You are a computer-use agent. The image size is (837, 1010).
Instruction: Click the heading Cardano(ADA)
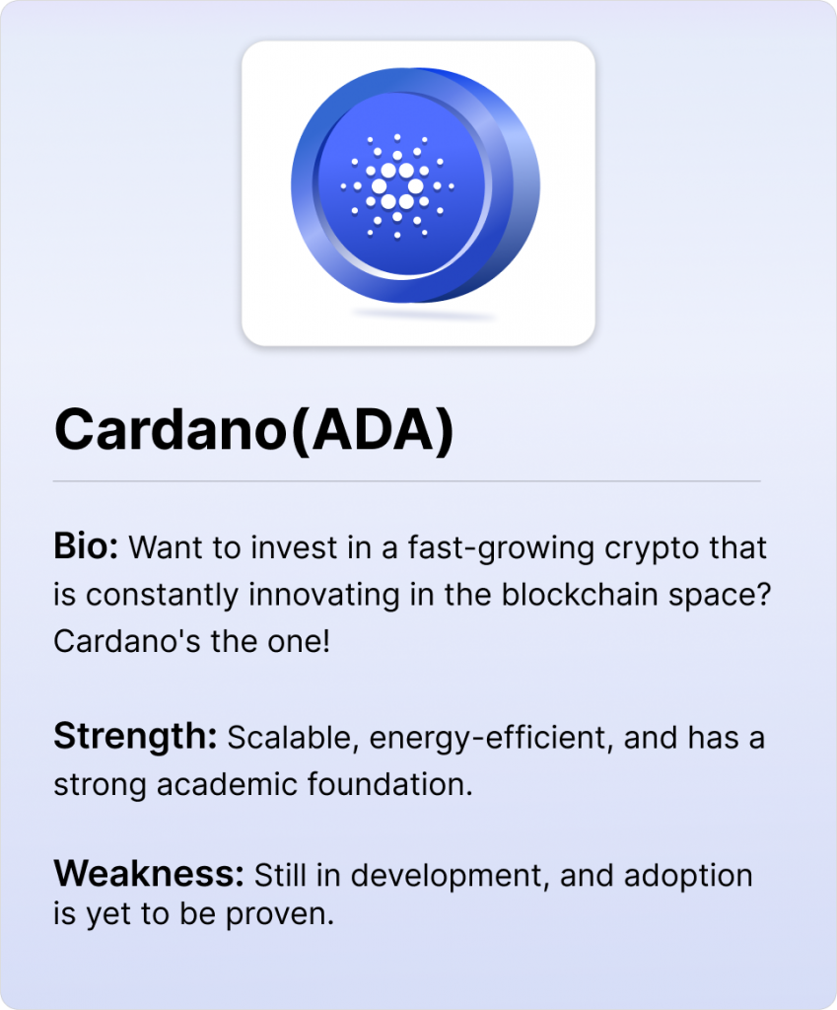pyautogui.click(x=254, y=430)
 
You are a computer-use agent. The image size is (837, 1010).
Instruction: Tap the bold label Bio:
pyautogui.click(x=86, y=546)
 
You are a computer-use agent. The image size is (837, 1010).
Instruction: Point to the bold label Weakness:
pyautogui.click(x=149, y=874)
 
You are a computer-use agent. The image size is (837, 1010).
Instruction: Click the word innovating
pyautogui.click(x=323, y=596)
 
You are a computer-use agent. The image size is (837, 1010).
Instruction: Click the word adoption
pyautogui.click(x=687, y=877)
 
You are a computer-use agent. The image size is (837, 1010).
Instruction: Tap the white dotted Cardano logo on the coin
pyautogui.click(x=397, y=186)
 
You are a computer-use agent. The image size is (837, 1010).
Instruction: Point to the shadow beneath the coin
pyautogui.click(x=424, y=315)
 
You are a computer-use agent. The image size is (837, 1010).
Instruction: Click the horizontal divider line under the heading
pyautogui.click(x=407, y=481)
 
